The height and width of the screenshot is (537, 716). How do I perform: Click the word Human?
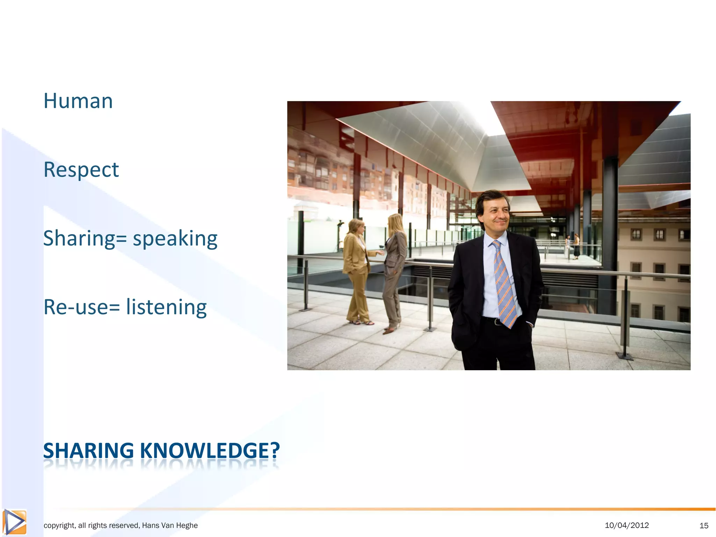click(x=78, y=101)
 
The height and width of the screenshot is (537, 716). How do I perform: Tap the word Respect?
click(x=81, y=170)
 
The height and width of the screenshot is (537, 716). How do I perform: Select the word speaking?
click(x=175, y=239)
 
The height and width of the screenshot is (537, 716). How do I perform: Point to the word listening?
click(x=166, y=307)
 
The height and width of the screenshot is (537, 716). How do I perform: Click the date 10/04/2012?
click(x=626, y=525)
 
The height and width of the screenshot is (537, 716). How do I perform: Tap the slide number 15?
click(x=704, y=525)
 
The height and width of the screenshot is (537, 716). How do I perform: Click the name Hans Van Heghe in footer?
click(x=170, y=525)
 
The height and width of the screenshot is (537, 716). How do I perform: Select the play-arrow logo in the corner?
click(x=14, y=522)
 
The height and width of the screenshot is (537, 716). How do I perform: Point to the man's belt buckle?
click(x=497, y=321)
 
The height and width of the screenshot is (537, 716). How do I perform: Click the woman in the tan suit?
click(x=357, y=269)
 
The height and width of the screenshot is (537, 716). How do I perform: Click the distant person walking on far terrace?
click(x=576, y=246)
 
